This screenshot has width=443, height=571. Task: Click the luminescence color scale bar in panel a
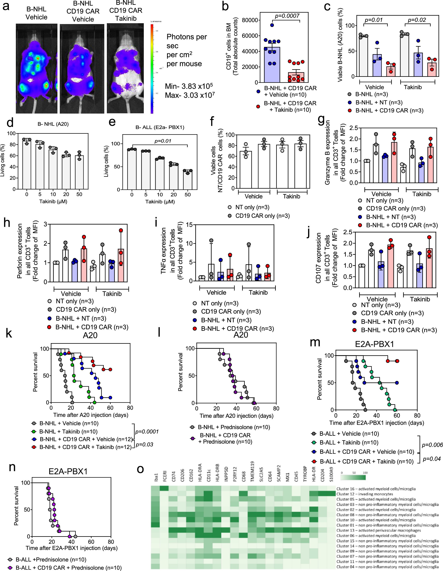152,69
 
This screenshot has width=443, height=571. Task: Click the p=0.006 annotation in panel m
432,445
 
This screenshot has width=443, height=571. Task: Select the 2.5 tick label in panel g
353,128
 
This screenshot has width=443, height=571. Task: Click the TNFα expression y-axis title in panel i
164,251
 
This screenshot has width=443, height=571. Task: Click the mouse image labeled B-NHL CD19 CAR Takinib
125,69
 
